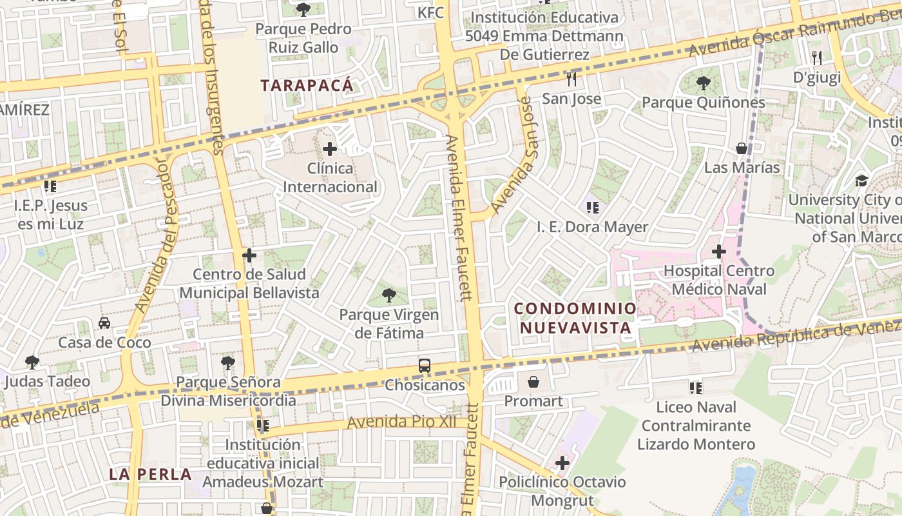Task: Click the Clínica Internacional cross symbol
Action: [x=330, y=150]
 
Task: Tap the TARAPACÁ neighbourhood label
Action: [x=307, y=85]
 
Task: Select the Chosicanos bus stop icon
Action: [x=425, y=366]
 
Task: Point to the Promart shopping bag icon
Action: [x=533, y=382]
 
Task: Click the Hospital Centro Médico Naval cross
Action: [x=719, y=252]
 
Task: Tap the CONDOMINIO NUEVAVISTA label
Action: [x=575, y=318]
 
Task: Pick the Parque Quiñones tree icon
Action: [x=703, y=83]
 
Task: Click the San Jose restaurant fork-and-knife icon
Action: [x=571, y=79]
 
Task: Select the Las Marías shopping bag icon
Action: [x=742, y=148]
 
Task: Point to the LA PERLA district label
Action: [x=150, y=475]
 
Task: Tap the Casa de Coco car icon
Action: [x=104, y=323]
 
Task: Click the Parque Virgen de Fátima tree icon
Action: [x=389, y=296]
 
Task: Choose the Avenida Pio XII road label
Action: [x=401, y=422]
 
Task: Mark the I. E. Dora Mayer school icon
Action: [x=593, y=208]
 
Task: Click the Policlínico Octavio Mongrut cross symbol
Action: [x=562, y=463]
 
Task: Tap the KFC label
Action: [x=430, y=13]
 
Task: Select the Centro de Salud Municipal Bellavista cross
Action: [x=249, y=255]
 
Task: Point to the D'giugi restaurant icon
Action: [x=817, y=58]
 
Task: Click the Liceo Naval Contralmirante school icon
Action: [x=696, y=388]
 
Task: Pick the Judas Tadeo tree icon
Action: [x=32, y=362]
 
